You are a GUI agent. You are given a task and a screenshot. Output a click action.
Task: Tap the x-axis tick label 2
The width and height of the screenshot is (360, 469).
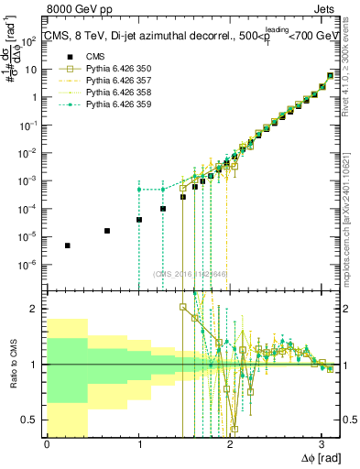tap(230, 444)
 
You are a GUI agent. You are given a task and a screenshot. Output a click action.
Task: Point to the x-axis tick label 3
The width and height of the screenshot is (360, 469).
tap(322, 444)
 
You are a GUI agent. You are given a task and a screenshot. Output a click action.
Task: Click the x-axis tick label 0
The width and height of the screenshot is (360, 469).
tap(47, 444)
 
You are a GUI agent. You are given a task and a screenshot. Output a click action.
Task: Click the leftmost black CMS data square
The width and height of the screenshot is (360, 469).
tap(67, 245)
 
